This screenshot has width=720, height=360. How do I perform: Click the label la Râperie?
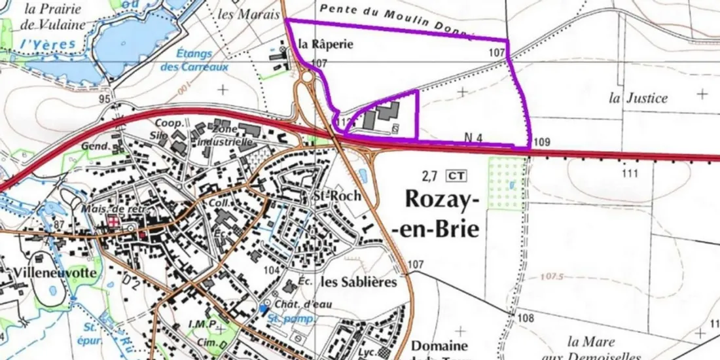pos(325,45)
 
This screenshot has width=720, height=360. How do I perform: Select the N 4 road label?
pos(473,137)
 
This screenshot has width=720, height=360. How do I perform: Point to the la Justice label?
pos(638,98)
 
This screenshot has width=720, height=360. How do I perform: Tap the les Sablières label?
pos(359,282)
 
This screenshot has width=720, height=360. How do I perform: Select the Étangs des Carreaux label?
pos(194,61)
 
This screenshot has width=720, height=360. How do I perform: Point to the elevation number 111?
pos(630,173)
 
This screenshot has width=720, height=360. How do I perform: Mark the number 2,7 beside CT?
pos(429,175)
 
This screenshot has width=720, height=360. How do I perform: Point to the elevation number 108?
pos(525,318)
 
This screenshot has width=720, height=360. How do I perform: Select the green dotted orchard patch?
pos(507,184)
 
